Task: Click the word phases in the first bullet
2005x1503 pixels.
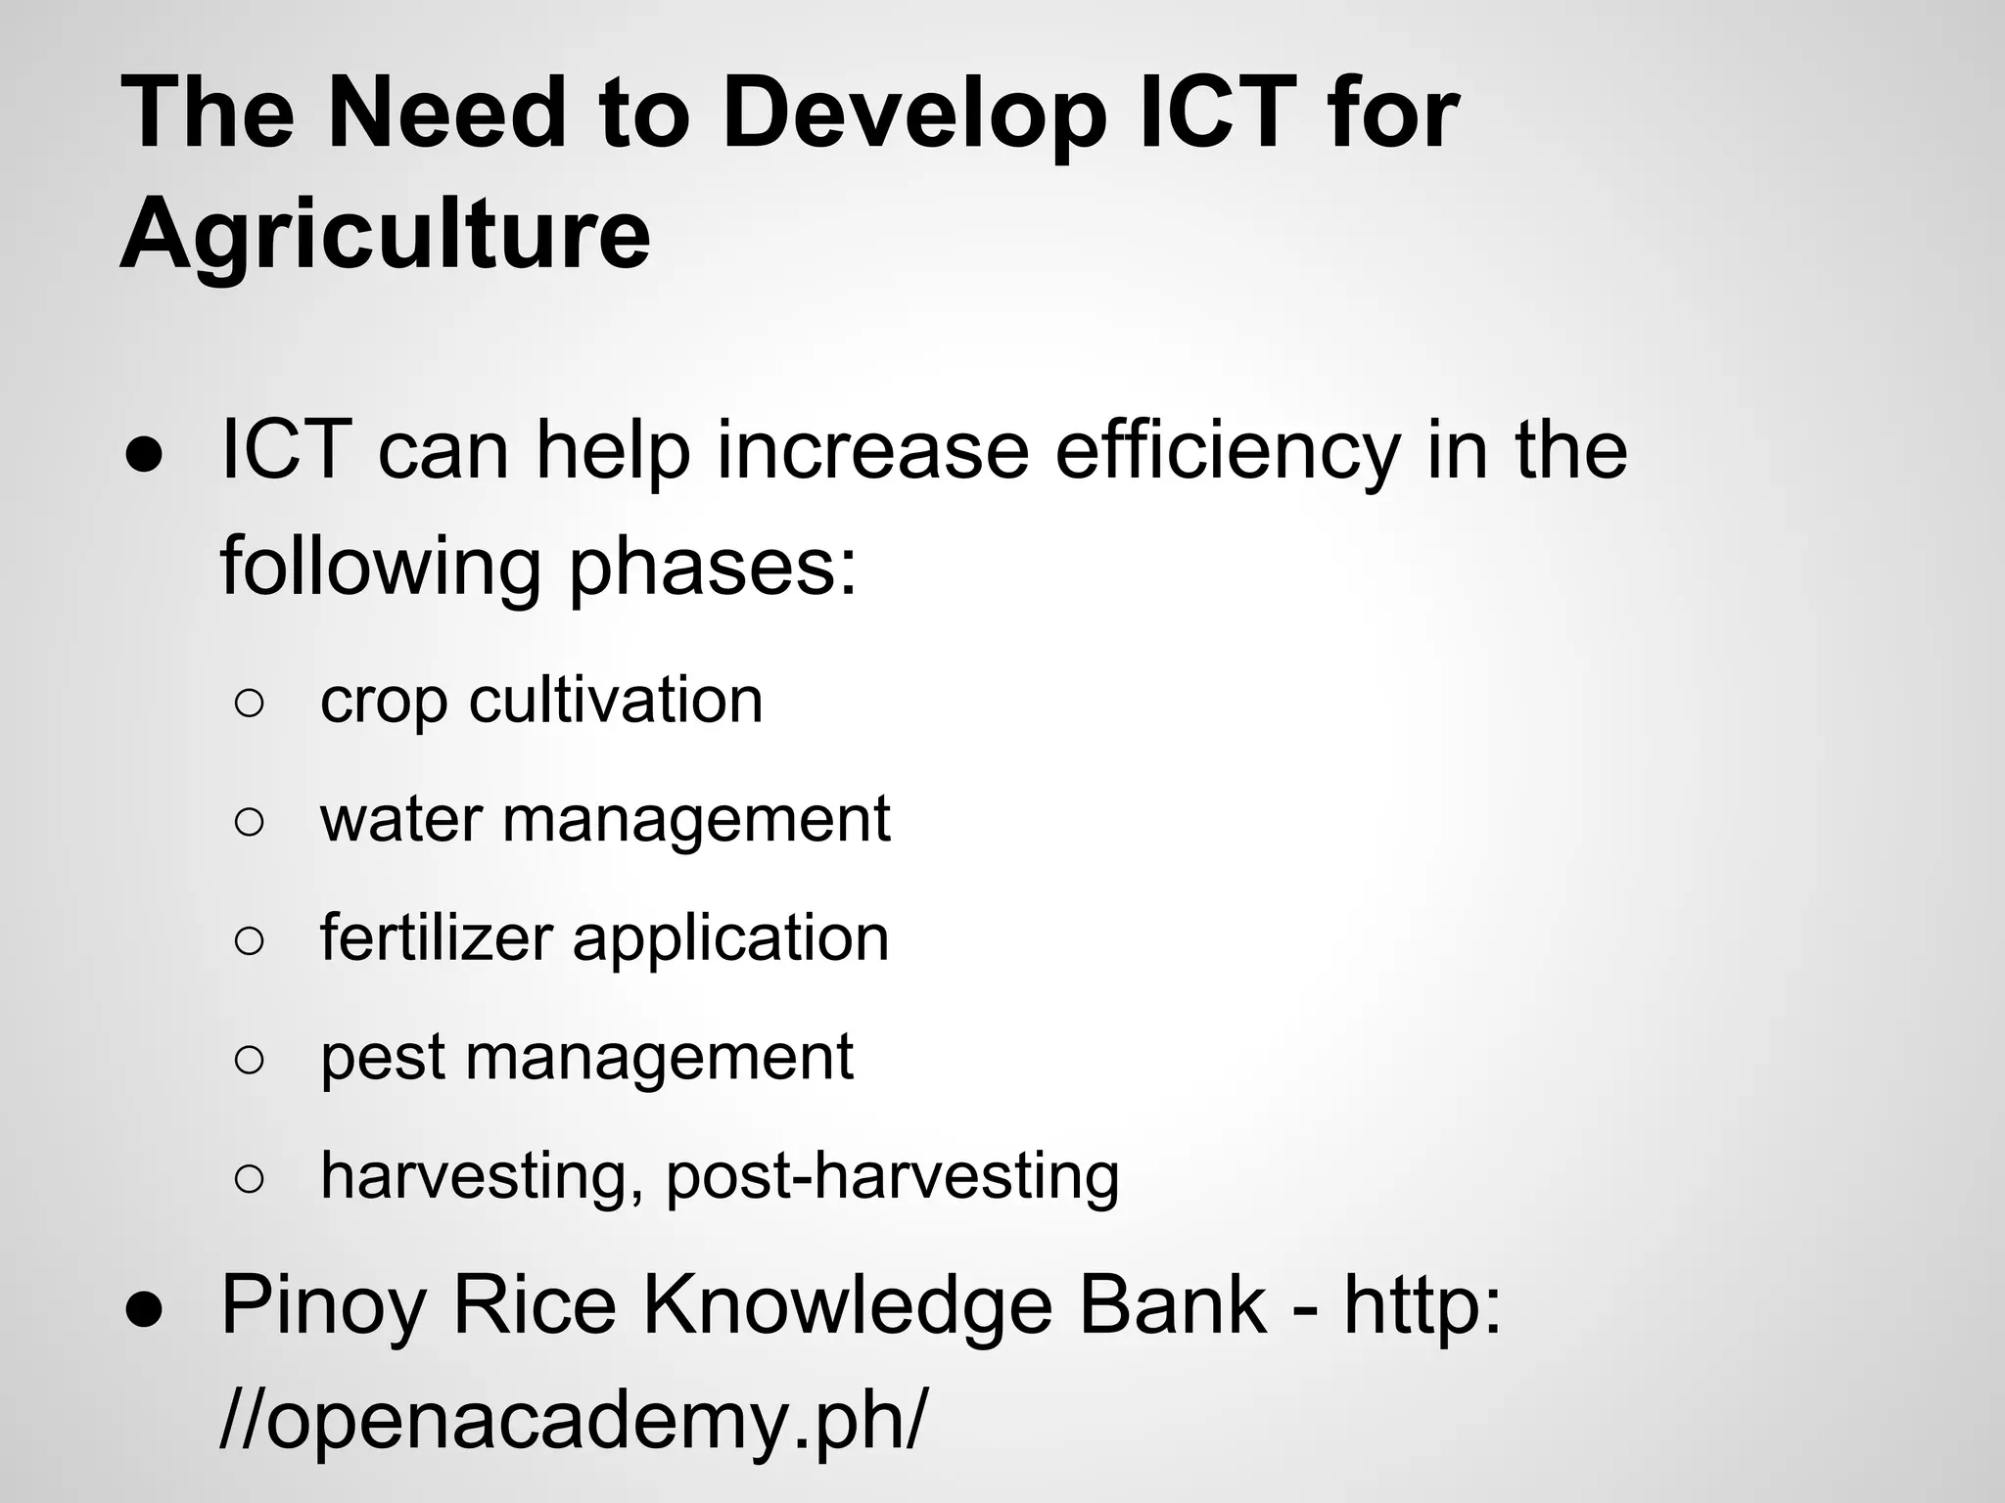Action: [x=713, y=569]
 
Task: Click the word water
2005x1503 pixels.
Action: [x=400, y=819]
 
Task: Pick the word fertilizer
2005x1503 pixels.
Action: [x=437, y=937]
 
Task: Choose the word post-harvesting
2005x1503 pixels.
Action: [x=892, y=1176]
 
